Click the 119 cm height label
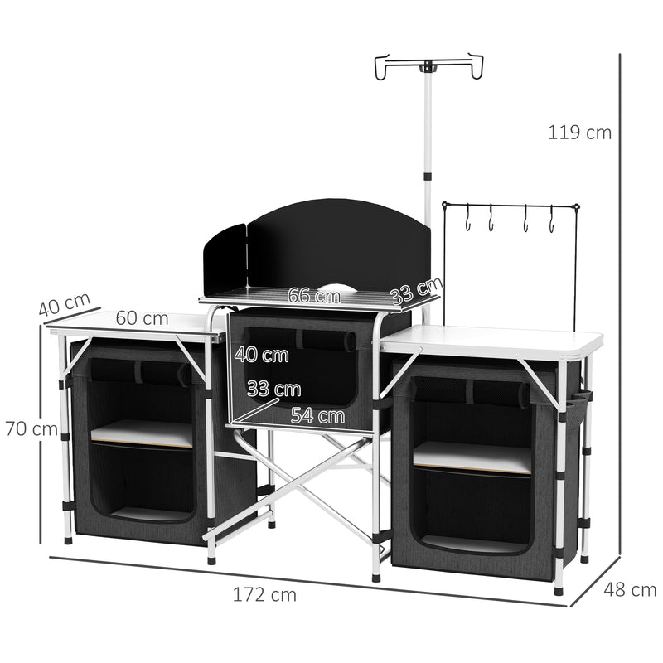(x=579, y=132)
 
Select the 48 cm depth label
(x=630, y=590)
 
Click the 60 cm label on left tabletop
(x=142, y=318)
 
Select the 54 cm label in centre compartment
(x=317, y=416)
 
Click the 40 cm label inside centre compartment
(x=262, y=356)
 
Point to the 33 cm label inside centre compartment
(x=273, y=389)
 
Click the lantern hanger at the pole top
(x=428, y=66)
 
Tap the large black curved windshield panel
(x=340, y=244)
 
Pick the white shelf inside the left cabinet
(x=142, y=433)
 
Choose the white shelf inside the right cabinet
(x=472, y=457)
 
